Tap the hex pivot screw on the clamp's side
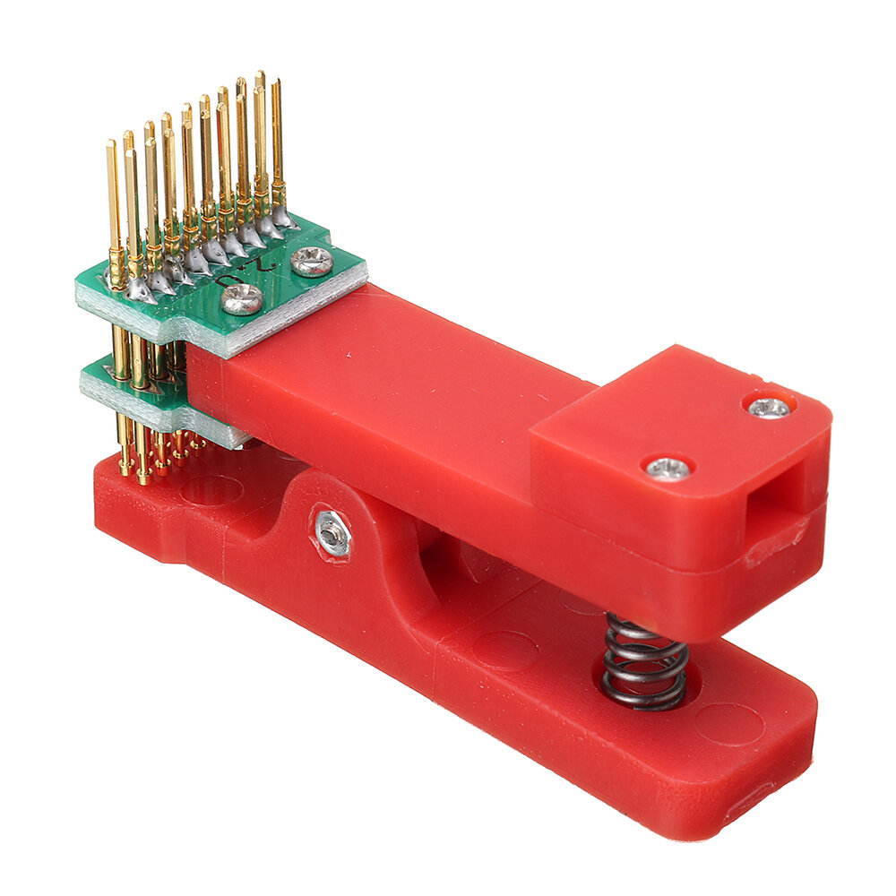point(332,531)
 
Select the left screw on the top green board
point(242,299)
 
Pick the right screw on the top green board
point(313,261)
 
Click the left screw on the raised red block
point(668,467)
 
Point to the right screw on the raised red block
point(769,408)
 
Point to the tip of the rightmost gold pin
point(276,83)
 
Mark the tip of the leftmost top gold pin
point(111,144)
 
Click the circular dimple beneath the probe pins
point(211,489)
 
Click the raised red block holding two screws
point(681,448)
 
